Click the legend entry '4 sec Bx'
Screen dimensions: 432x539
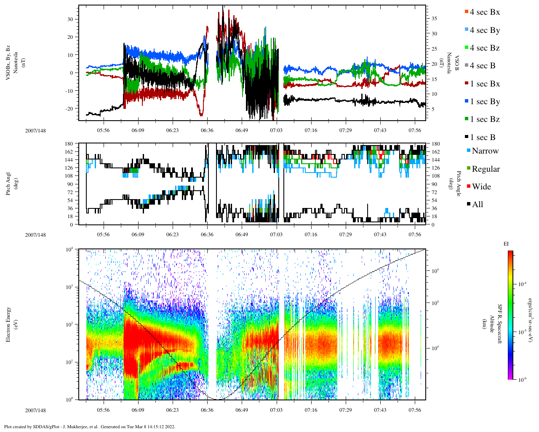484,12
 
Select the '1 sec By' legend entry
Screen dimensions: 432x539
485,102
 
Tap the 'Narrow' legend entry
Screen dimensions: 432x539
485,151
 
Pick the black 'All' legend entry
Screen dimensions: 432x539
477,205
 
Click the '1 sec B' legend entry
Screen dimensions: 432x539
483,138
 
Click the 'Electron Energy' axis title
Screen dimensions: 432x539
8,324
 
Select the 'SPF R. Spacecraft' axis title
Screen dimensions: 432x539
500,324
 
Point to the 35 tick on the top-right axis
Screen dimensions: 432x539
434,19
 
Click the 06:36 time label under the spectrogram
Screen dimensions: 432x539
207,410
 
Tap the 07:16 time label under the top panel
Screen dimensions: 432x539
311,130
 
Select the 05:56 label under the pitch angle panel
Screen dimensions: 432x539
103,235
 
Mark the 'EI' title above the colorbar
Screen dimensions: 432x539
506,244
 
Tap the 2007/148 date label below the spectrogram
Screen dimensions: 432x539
35,410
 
